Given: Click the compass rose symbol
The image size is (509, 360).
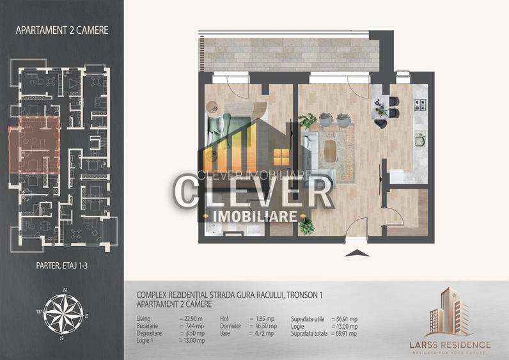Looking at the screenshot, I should (x=61, y=313).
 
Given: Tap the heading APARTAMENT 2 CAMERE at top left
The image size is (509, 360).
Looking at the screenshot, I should (x=61, y=29).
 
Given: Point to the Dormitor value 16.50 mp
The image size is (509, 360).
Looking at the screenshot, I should (x=262, y=325).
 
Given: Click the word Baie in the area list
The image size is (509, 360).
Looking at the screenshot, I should (x=225, y=333).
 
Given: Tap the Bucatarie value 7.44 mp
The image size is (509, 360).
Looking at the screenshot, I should (x=192, y=325).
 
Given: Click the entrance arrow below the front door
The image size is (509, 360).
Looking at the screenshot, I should (x=352, y=253).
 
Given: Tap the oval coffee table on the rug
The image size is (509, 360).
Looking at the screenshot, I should (x=330, y=152).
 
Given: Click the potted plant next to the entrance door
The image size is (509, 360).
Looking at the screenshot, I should (x=307, y=226).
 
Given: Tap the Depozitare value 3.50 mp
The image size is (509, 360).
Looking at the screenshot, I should (x=192, y=333).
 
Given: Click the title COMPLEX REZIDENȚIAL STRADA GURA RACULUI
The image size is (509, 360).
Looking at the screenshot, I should (x=230, y=295).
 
